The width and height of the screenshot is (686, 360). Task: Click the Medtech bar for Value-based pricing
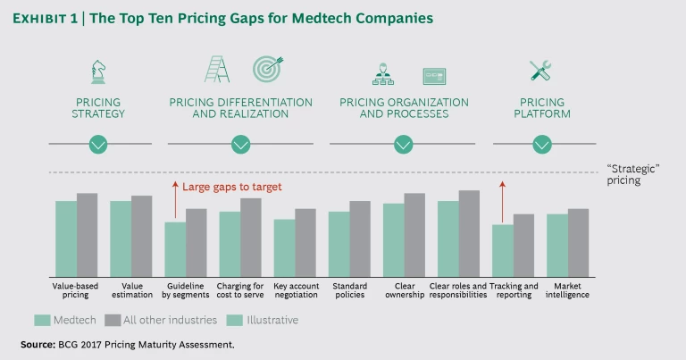[66, 239]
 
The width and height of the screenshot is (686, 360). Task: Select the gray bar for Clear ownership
[414, 235]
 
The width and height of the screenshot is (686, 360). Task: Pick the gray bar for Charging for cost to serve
[251, 237]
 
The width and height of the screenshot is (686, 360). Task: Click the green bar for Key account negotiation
[284, 247]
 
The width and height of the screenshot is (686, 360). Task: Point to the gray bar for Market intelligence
[578, 242]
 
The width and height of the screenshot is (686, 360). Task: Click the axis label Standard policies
[349, 290]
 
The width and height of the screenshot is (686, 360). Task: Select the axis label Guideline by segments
[186, 290]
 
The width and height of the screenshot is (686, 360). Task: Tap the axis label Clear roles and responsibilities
[458, 290]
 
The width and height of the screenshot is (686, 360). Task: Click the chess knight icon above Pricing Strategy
[98, 71]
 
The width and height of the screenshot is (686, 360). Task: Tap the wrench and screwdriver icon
[541, 71]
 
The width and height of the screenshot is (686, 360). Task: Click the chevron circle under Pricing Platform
[542, 144]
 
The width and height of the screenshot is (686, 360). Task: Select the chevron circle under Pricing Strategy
[98, 144]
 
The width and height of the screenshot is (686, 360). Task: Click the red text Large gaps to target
[232, 187]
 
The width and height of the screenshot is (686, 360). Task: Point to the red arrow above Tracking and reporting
[503, 201]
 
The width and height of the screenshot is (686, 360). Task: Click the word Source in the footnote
[38, 344]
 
